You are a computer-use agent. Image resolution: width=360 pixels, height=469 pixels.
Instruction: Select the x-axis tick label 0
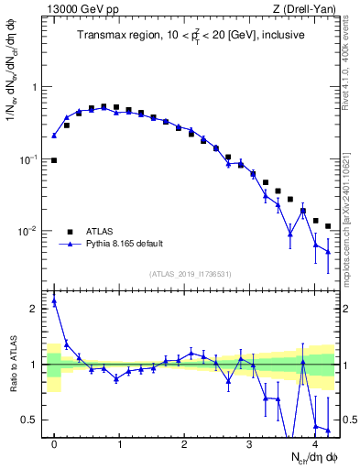point(54,445)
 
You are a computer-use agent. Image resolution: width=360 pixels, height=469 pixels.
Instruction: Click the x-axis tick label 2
point(184,445)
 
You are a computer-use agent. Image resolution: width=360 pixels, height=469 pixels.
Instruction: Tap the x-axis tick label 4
point(315,445)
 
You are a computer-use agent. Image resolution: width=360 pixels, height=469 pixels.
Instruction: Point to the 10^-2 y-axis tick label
point(30,232)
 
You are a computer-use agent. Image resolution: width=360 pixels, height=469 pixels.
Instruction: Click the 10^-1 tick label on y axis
point(30,159)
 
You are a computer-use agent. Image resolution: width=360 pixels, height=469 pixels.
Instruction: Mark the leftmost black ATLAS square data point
point(54,160)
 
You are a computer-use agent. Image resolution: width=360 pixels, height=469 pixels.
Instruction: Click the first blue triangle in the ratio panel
point(54,300)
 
